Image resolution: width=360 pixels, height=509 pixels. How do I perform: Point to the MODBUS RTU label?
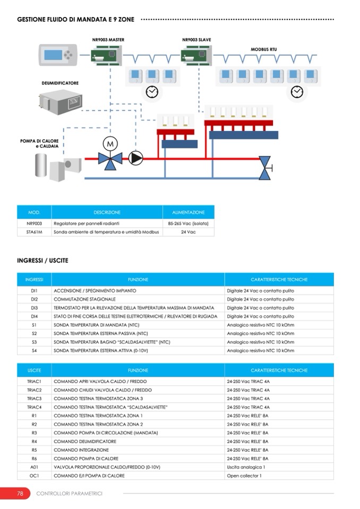(x=264, y=49)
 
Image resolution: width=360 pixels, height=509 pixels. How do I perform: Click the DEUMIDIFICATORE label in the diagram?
(x=60, y=83)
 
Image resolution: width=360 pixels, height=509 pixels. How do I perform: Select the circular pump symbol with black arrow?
(x=136, y=157)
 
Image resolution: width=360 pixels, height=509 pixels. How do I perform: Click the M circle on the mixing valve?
(x=110, y=143)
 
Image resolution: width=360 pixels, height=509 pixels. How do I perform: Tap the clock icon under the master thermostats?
(x=152, y=92)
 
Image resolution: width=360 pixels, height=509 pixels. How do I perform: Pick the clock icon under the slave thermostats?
(x=296, y=92)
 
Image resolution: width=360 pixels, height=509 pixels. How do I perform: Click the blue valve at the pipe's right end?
(x=264, y=163)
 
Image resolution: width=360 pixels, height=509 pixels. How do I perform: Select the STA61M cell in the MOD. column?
(x=34, y=232)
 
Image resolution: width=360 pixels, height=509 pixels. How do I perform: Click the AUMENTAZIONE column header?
(x=188, y=212)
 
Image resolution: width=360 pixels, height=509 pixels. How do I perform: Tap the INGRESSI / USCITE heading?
(x=42, y=261)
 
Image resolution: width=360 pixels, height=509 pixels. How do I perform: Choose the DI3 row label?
(x=34, y=308)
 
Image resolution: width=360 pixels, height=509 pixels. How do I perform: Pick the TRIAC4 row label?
(x=34, y=407)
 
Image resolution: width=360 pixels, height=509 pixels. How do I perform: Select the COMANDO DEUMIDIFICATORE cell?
(x=84, y=441)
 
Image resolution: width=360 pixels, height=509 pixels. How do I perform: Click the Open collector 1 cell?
(x=244, y=476)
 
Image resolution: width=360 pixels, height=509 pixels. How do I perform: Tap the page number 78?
(x=20, y=494)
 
